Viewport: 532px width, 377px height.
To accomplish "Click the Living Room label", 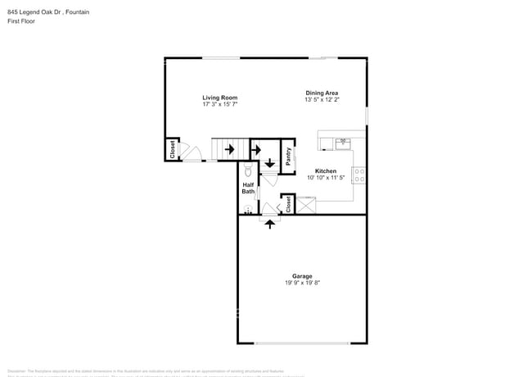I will click(220, 98).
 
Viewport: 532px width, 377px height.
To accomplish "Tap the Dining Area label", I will click(322, 93).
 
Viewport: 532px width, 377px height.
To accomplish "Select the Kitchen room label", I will click(327, 170).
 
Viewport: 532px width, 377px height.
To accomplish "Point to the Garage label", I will click(302, 276).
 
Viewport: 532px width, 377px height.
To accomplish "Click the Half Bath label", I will click(248, 188).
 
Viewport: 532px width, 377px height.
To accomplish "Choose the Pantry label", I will click(289, 155).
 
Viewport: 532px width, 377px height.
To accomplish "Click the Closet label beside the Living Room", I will click(173, 150).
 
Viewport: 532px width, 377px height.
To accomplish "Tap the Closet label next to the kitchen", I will click(289, 204).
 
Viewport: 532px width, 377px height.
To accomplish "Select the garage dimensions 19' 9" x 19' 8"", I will click(302, 284).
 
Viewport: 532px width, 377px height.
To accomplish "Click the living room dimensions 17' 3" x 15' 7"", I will click(220, 105).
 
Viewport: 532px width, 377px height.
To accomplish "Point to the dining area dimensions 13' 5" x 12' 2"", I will click(322, 100).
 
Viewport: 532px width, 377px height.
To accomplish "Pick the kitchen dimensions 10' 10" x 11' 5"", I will click(327, 178).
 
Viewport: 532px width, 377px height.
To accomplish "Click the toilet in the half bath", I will click(249, 170).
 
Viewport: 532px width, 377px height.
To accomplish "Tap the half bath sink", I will click(248, 210).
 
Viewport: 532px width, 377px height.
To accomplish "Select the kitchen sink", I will click(343, 143).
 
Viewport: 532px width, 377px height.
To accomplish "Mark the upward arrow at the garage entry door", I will click(270, 223).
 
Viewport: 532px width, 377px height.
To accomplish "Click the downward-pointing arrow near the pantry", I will click(270, 163).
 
